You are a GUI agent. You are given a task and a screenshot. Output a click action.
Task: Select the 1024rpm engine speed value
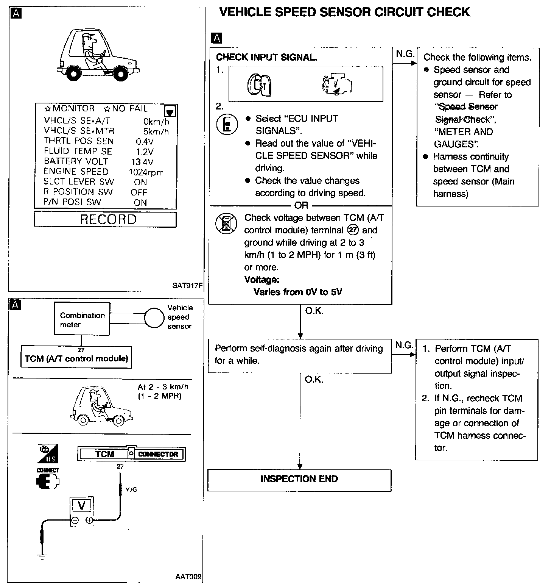[x=146, y=172]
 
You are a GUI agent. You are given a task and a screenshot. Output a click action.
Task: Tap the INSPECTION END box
[x=299, y=480]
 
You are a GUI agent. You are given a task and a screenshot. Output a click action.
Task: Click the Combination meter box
[x=82, y=319]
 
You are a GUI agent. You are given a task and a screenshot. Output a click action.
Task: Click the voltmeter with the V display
[x=81, y=511]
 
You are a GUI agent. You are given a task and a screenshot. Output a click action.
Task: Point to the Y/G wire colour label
[x=131, y=489]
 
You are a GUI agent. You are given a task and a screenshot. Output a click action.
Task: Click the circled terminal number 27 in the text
[x=353, y=230]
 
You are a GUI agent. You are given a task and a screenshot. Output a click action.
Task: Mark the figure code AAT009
[x=188, y=577]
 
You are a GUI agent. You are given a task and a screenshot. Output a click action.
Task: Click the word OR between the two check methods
[x=301, y=205]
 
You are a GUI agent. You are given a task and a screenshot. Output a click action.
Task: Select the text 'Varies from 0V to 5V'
[x=298, y=292]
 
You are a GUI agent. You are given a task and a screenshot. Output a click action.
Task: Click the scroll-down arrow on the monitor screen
[x=170, y=111]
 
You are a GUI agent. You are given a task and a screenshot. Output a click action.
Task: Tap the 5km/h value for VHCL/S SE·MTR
[x=156, y=131]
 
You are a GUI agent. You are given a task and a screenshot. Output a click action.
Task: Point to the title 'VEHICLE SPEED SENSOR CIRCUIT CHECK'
[x=344, y=12]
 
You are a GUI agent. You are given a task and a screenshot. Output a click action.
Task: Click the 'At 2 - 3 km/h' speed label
[x=163, y=387]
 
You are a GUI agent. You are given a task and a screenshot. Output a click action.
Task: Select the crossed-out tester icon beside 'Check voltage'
[x=226, y=223]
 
